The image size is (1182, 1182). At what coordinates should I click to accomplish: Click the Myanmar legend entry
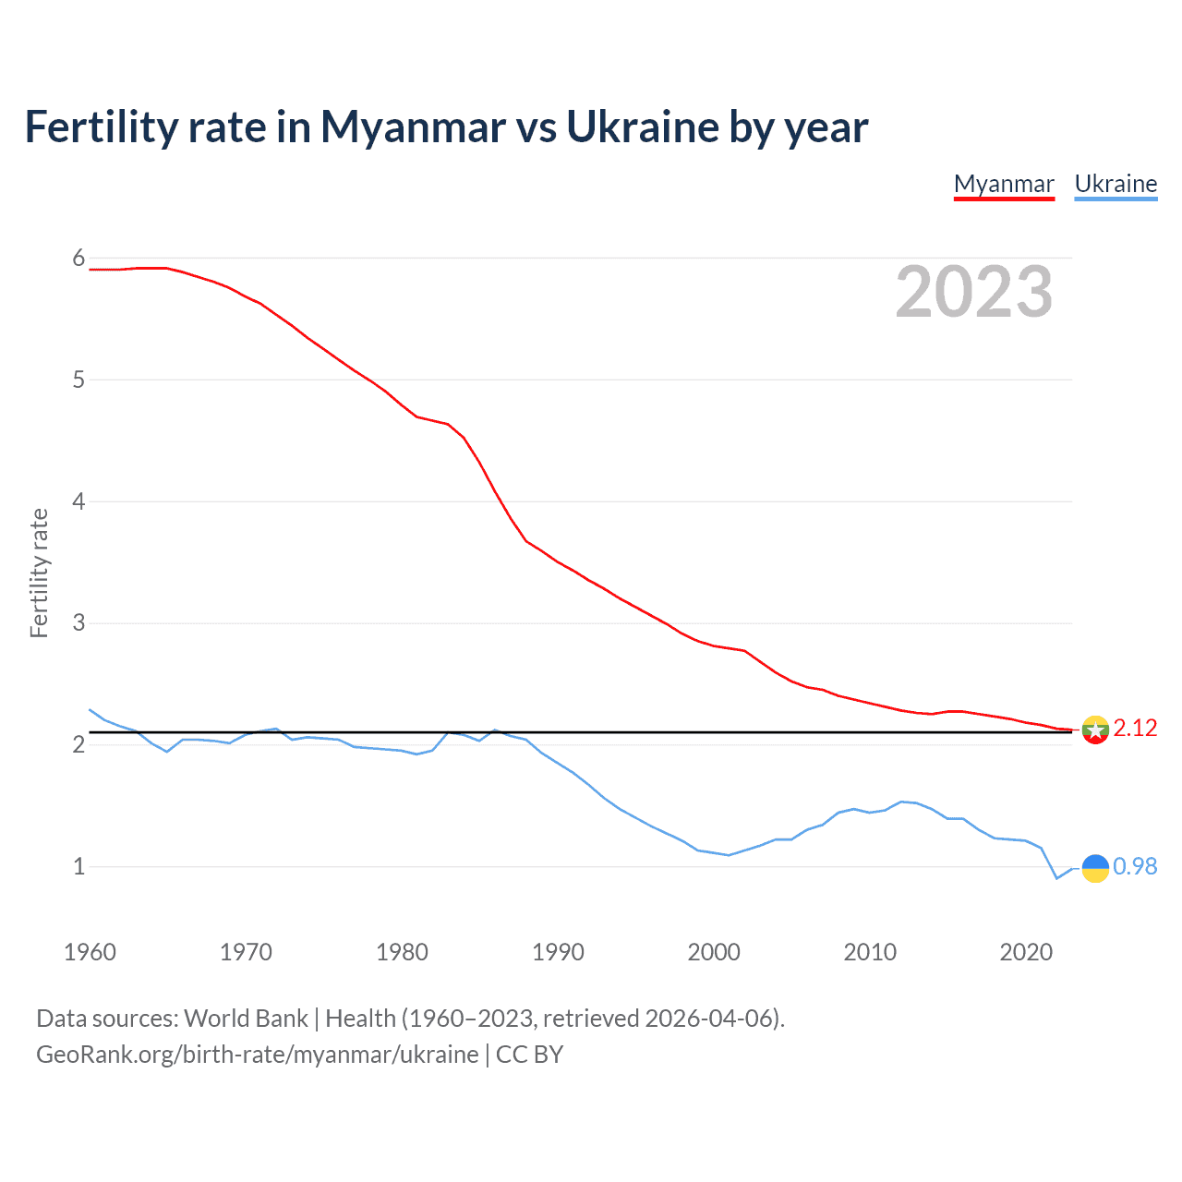tap(1004, 184)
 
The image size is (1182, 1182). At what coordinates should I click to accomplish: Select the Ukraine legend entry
tap(1116, 184)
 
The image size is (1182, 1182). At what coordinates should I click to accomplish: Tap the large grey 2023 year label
tap(973, 292)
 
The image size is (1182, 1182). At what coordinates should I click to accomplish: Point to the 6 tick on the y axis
tap(78, 259)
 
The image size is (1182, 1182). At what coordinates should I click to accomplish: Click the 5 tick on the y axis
tap(78, 380)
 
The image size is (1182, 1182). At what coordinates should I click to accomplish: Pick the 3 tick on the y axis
tap(78, 623)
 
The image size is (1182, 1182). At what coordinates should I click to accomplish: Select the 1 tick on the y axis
tap(78, 866)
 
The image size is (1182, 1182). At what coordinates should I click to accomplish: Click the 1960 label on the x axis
tap(90, 952)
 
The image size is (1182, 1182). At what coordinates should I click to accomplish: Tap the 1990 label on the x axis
tap(558, 952)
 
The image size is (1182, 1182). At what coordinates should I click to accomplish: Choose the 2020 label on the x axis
tap(1026, 952)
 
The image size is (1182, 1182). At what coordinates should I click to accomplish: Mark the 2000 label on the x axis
tap(714, 952)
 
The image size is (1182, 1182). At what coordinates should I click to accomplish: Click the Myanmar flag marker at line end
tap(1095, 730)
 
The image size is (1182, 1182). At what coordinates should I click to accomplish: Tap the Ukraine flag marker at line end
tap(1095, 868)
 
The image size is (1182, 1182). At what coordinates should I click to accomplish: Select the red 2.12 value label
tap(1135, 729)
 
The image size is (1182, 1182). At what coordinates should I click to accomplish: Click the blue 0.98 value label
tap(1135, 866)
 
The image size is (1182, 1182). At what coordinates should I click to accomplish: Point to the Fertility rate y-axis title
tap(39, 573)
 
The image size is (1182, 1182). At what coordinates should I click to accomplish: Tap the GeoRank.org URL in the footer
tap(257, 1055)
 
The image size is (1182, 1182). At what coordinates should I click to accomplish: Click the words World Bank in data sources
tap(246, 1019)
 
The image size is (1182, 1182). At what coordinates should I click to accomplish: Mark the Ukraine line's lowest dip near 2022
tap(1057, 878)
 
